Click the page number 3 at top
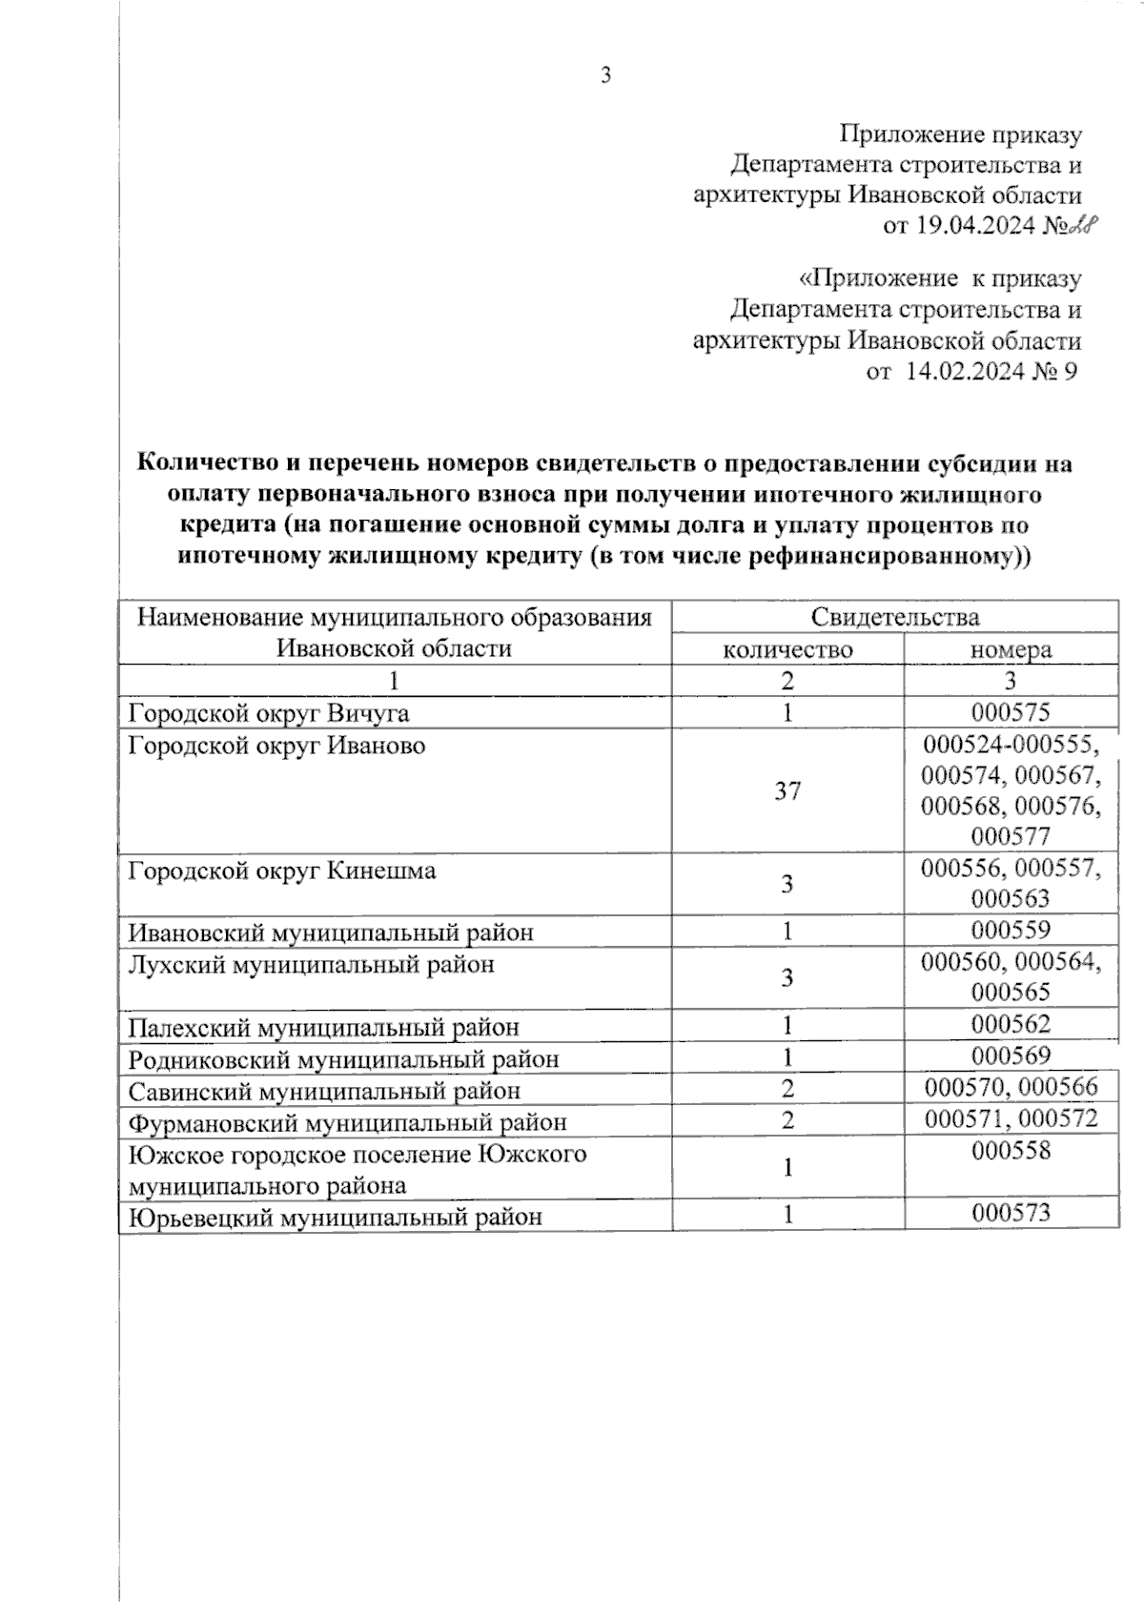[605, 76]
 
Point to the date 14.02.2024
[963, 371]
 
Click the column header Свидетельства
[894, 617]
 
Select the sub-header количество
[787, 649]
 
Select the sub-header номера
[1011, 649]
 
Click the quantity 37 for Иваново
[787, 790]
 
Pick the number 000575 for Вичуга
[1011, 712]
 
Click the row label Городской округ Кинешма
[282, 871]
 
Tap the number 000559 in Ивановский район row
[1011, 931]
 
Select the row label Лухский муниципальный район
[312, 964]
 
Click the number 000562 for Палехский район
[1011, 1025]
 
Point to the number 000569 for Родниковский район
[1011, 1056]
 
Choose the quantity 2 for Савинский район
[787, 1089]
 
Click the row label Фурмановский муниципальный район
[347, 1122]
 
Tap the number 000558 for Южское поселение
[1011, 1152]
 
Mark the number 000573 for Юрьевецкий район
[1011, 1214]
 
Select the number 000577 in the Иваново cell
[1011, 836]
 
